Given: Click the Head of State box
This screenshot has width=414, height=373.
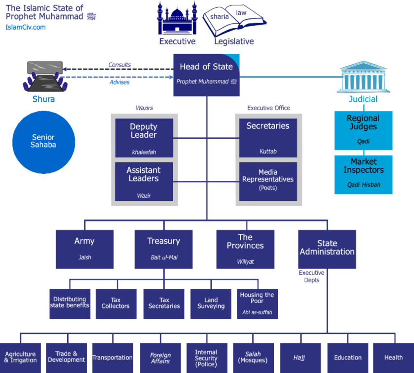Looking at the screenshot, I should (x=207, y=75).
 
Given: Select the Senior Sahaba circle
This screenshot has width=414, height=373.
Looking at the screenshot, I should (x=43, y=142).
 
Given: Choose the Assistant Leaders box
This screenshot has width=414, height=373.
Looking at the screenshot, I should (x=144, y=181).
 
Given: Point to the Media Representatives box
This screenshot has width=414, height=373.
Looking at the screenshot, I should (x=268, y=181).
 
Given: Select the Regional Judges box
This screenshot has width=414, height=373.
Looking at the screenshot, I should (x=363, y=130).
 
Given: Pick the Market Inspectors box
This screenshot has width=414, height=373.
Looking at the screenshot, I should (x=363, y=174).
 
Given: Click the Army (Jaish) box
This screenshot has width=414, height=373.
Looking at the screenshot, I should (x=84, y=249).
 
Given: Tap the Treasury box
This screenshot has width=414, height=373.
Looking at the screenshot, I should (x=164, y=249).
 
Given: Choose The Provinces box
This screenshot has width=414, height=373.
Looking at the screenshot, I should (x=245, y=249).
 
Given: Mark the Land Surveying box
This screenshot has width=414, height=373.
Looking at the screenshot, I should (x=211, y=303).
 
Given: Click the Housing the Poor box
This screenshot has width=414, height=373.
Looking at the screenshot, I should (x=257, y=303).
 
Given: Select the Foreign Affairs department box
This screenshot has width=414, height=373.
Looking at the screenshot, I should (x=161, y=358).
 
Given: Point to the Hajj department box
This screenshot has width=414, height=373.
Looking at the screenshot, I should (x=300, y=358).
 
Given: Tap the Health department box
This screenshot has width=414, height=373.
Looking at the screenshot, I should (x=393, y=358).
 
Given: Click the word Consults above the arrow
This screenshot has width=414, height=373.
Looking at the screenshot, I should (x=120, y=65).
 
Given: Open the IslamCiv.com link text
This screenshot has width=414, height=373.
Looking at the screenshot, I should (x=26, y=27).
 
